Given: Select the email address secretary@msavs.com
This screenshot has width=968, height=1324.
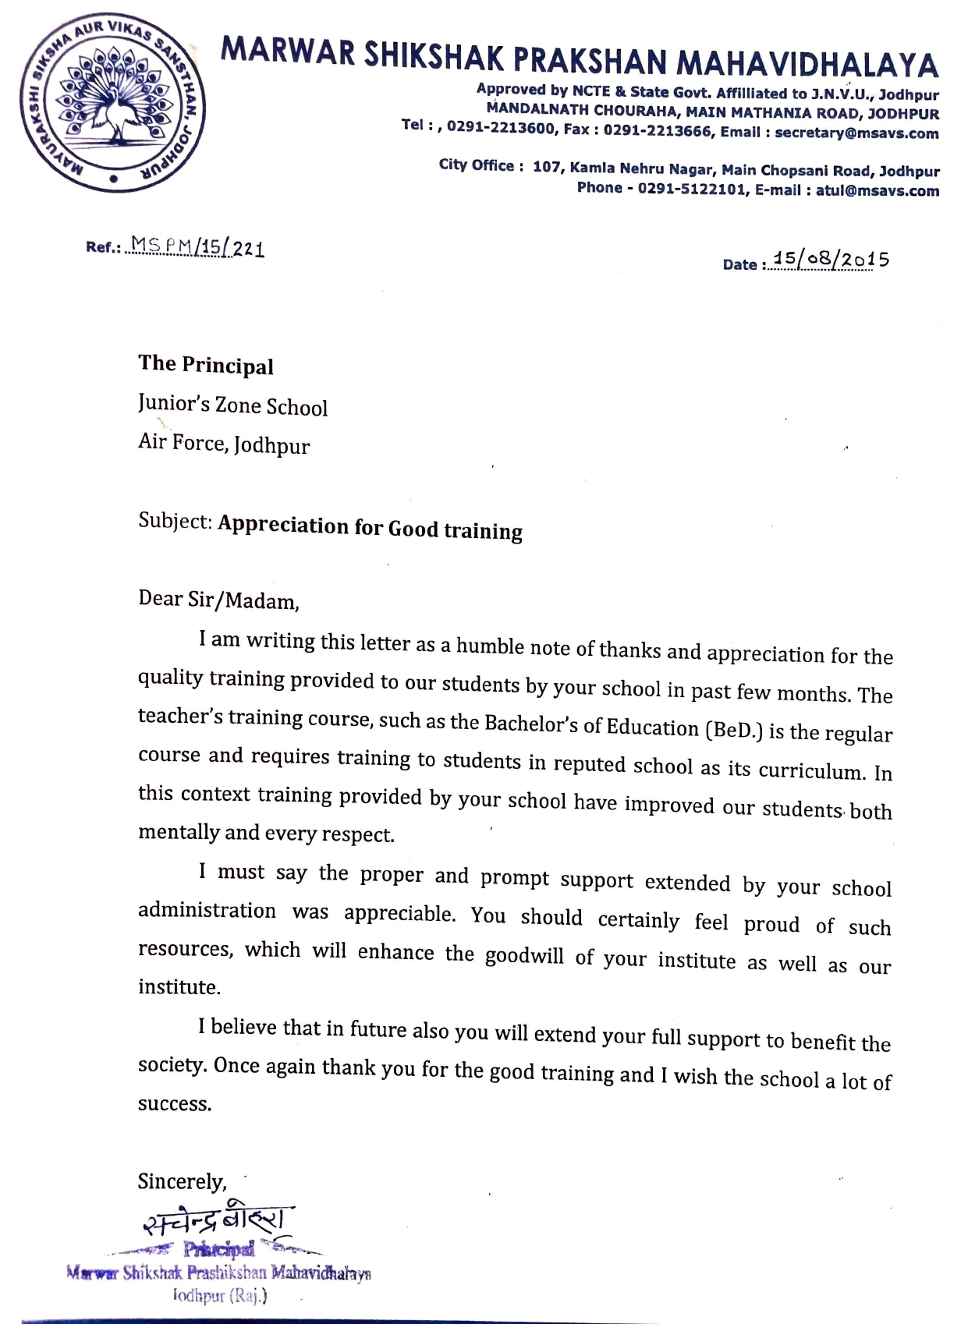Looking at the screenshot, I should (x=856, y=133).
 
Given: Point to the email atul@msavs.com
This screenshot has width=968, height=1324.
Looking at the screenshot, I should (x=878, y=191).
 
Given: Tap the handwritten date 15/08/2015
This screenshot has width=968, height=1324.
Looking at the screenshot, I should (x=829, y=260).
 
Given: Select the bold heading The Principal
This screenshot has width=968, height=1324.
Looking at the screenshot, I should (x=206, y=365).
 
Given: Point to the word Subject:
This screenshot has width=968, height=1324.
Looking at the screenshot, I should (x=176, y=521).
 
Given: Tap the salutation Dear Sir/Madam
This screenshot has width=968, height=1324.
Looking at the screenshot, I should (x=218, y=600).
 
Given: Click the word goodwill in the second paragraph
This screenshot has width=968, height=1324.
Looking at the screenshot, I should (x=524, y=956).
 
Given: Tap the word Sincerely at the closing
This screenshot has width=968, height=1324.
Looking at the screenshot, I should (x=182, y=1181).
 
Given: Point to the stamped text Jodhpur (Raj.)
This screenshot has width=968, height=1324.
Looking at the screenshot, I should (x=220, y=1295).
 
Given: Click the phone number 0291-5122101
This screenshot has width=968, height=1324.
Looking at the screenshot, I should (x=693, y=189).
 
